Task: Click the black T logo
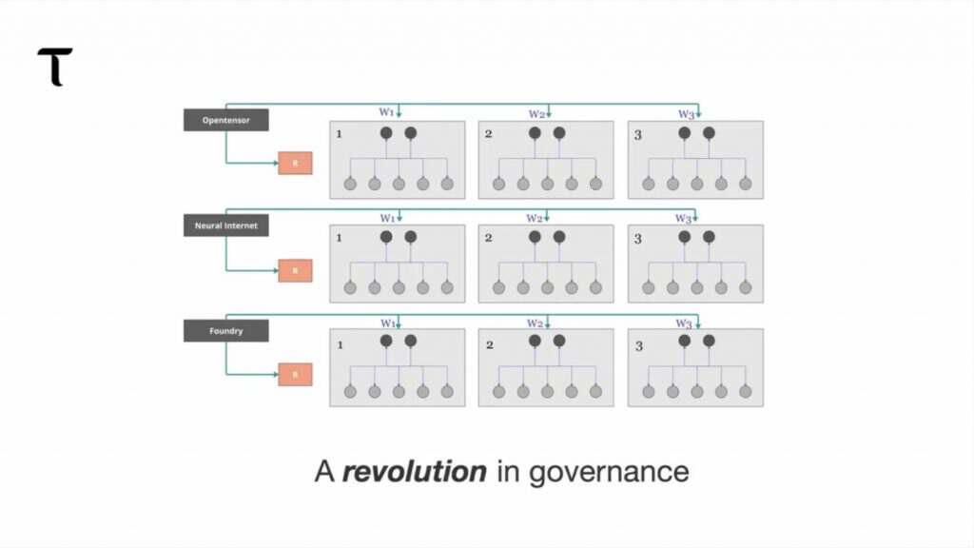[55, 67]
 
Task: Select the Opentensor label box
[225, 120]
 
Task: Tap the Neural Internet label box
[225, 225]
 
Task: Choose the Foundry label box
[225, 331]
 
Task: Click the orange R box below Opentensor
[295, 164]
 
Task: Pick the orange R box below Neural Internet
[295, 270]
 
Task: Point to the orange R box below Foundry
[295, 375]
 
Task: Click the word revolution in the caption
[414, 471]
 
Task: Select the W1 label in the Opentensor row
[387, 113]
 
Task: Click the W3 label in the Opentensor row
[685, 114]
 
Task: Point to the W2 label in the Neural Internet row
[535, 218]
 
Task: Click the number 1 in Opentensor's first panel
[339, 134]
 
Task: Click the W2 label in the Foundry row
[535, 323]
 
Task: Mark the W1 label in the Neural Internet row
[387, 218]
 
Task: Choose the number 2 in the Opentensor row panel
[488, 134]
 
